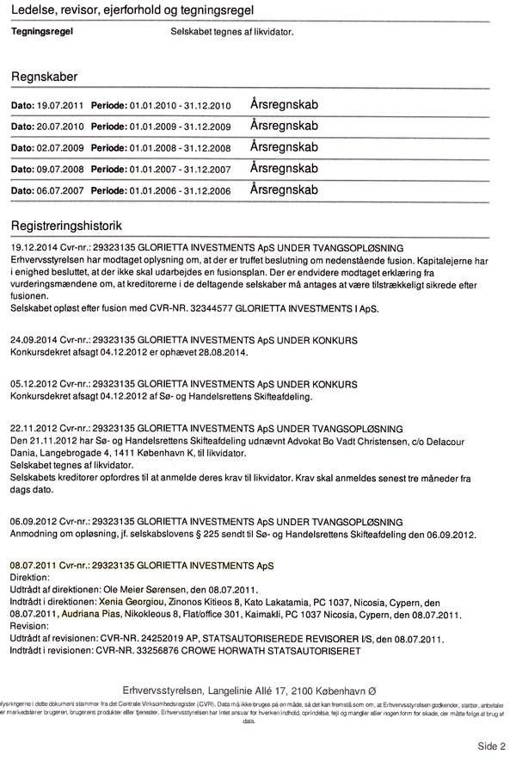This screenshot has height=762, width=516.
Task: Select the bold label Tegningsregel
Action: (42, 31)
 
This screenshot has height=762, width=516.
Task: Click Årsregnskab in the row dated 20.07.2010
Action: (284, 125)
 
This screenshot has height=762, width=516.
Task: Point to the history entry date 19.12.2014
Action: (34, 246)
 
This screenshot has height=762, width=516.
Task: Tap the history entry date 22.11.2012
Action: (34, 427)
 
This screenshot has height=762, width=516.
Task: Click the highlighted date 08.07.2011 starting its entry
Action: (34, 565)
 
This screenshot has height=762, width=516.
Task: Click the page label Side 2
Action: (491, 746)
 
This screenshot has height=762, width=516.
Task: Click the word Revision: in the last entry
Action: (30, 626)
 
